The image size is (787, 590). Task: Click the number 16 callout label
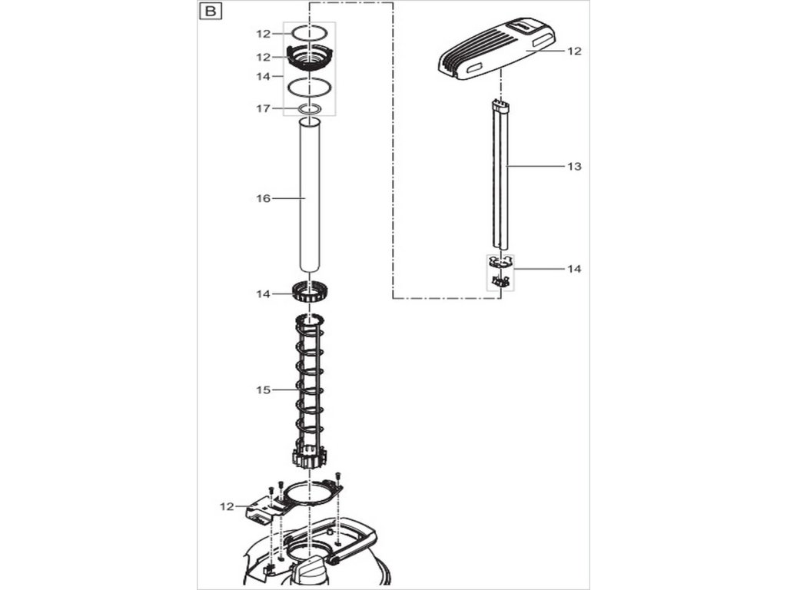coord(264,198)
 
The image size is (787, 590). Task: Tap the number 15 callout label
coord(264,390)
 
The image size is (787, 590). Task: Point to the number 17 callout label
coord(264,109)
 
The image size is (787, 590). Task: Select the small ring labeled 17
coord(310,110)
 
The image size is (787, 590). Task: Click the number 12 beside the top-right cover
coord(575,51)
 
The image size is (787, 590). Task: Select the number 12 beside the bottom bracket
coord(226,505)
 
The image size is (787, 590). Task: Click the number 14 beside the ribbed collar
coord(264,294)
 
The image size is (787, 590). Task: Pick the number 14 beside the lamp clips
coord(573,269)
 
